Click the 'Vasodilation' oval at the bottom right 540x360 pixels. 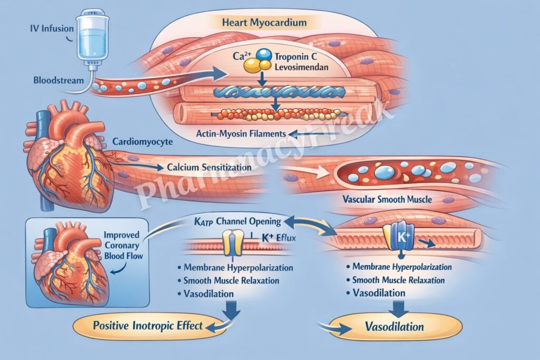tap(394, 327)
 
